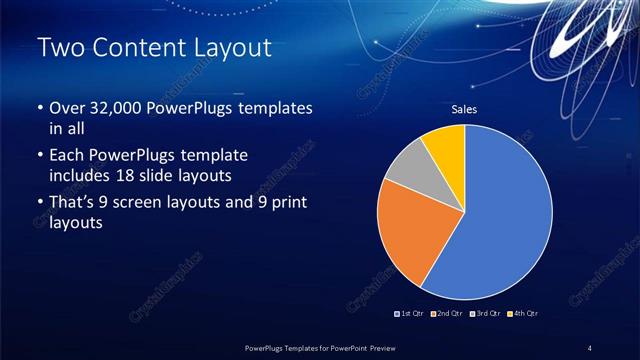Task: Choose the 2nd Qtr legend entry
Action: click(x=447, y=314)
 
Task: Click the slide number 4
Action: click(x=589, y=347)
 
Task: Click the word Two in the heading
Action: click(x=58, y=48)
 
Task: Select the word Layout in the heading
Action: click(x=234, y=48)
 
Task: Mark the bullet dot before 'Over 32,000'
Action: click(x=39, y=108)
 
